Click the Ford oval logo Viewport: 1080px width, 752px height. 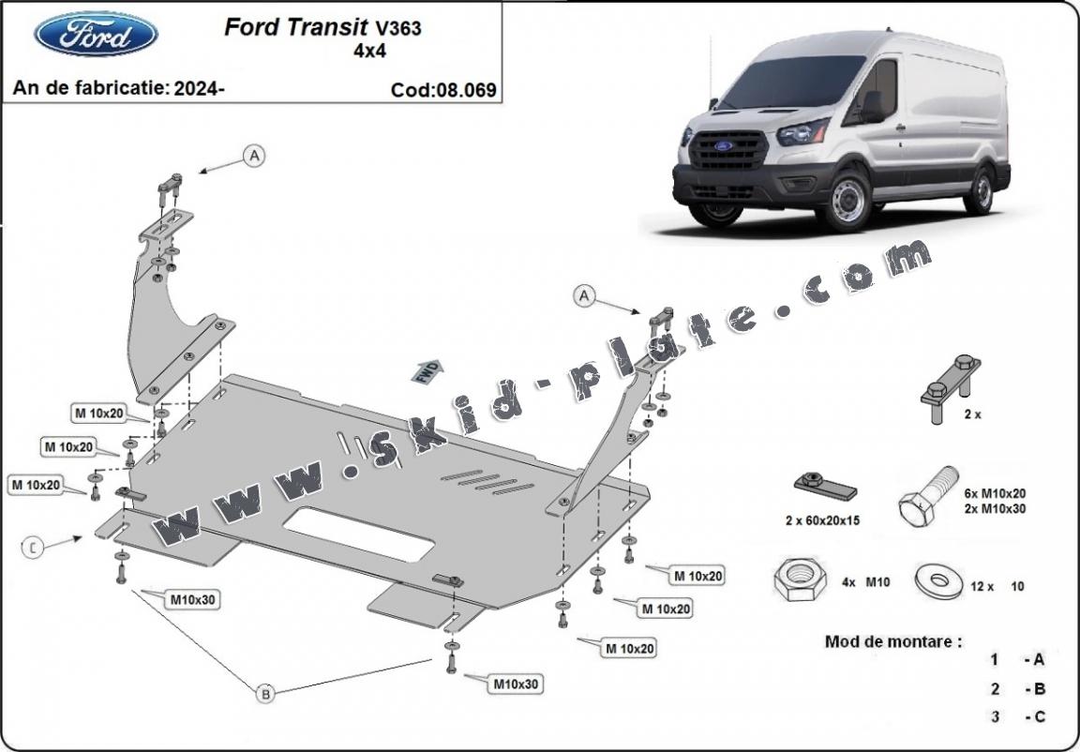pos(96,34)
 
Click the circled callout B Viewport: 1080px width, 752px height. pos(265,694)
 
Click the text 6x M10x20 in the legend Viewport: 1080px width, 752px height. pos(995,493)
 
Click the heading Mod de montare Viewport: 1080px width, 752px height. pos(892,641)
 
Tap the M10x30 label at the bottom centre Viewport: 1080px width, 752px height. pos(515,684)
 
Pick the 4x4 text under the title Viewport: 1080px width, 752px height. pos(367,51)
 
